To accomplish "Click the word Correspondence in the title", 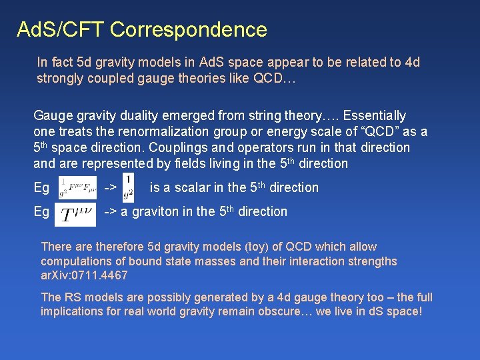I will click(189, 29).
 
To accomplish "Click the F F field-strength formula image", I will click(78, 188).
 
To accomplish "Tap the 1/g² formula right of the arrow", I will click(128, 188).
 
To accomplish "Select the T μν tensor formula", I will click(78, 214).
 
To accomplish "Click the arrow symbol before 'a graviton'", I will click(110, 211).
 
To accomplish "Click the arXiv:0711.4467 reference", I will click(84, 275).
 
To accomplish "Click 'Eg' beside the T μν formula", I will click(41, 211).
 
